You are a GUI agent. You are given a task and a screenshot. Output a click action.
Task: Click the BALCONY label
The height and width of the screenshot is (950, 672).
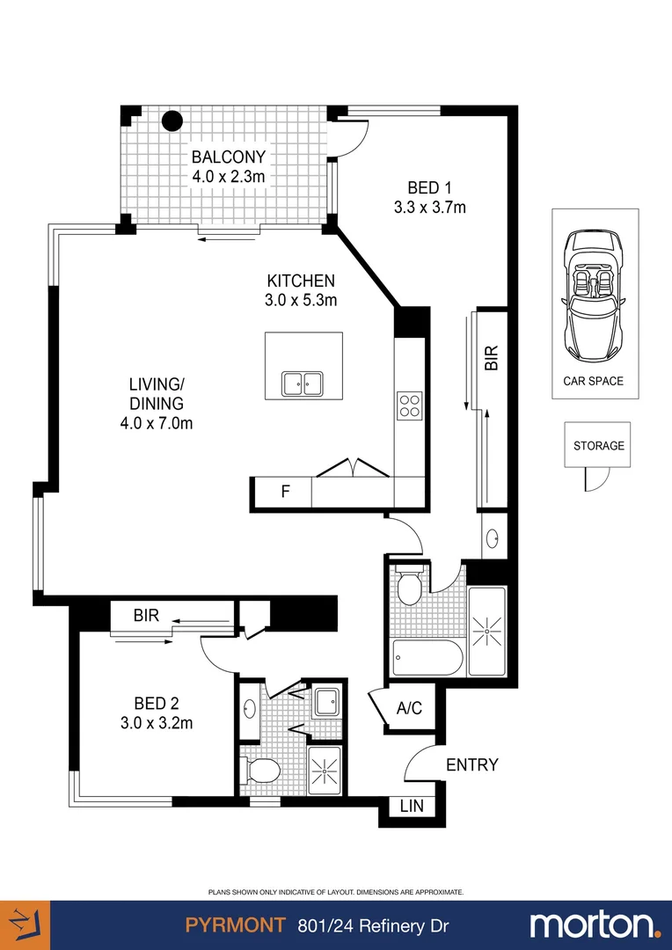pyautogui.click(x=229, y=157)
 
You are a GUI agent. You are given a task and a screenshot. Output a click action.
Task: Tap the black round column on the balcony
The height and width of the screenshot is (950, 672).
pyautogui.click(x=171, y=120)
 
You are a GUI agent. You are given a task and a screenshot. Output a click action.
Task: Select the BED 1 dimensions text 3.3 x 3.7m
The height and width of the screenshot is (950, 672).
pyautogui.click(x=430, y=208)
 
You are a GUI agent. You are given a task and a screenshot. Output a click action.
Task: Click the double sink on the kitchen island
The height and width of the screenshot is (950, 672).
pyautogui.click(x=303, y=384)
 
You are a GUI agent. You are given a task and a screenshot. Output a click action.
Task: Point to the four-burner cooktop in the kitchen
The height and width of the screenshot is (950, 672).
pyautogui.click(x=409, y=406)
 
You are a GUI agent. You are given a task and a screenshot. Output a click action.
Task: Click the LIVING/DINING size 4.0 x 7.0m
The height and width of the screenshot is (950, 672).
pyautogui.click(x=156, y=424)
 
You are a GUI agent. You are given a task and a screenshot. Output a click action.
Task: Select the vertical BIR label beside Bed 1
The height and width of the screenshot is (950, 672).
pyautogui.click(x=492, y=358)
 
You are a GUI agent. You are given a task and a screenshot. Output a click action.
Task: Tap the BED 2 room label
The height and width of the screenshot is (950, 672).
pyautogui.click(x=157, y=703)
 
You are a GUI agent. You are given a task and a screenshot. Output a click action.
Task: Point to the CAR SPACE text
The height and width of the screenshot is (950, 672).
pyautogui.click(x=594, y=381)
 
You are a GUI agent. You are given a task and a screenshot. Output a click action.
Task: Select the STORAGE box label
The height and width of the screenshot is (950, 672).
pyautogui.click(x=599, y=446)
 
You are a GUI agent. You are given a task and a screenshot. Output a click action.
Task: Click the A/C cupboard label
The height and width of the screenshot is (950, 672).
pyautogui.click(x=409, y=707)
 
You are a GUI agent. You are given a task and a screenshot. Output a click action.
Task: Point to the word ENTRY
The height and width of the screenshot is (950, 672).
pyautogui.click(x=471, y=764)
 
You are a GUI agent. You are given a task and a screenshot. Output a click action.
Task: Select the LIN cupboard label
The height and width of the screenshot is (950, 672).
pyautogui.click(x=411, y=805)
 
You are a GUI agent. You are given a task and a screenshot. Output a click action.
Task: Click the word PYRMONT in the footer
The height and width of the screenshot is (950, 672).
pyautogui.click(x=236, y=925)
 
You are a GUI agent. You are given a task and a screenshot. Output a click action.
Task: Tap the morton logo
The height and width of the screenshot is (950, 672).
pyautogui.click(x=594, y=925)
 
